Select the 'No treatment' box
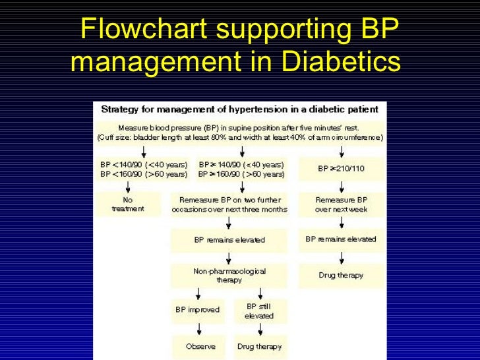click(128, 204)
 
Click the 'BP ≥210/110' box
click(341, 168)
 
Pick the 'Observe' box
click(195, 346)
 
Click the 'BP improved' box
click(198, 309)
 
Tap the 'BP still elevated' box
click(259, 311)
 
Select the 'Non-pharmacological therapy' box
click(229, 275)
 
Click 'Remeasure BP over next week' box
click(341, 204)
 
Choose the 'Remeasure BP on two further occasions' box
click(229, 204)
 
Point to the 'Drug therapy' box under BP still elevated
click(259, 346)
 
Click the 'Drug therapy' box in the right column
click(341, 275)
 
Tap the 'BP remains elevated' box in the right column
click(341, 239)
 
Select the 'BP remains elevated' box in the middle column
click(229, 240)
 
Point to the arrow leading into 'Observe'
click(198, 328)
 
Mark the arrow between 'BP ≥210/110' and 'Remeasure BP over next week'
click(341, 185)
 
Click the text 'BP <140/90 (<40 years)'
click(143, 164)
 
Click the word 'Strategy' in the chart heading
click(117, 108)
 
